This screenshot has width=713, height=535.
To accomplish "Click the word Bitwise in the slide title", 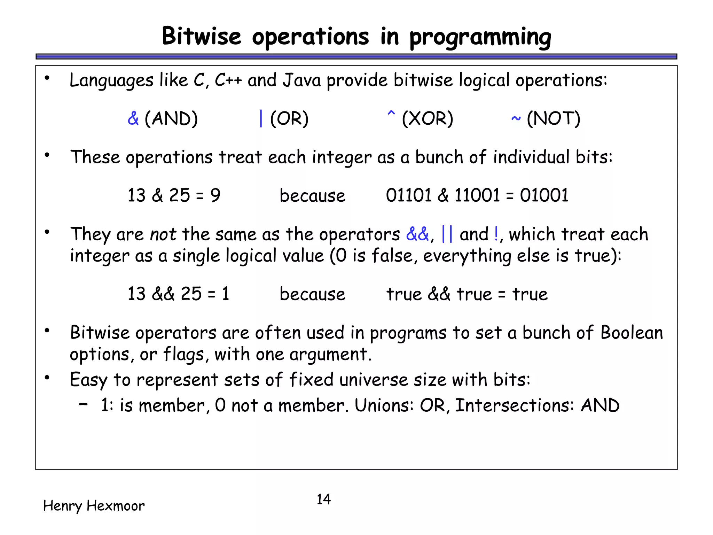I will [x=201, y=36].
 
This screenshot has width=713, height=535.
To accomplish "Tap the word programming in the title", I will [x=480, y=38].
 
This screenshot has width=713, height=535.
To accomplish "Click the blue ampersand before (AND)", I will [x=133, y=118].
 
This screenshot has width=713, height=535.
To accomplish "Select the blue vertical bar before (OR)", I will [x=261, y=118].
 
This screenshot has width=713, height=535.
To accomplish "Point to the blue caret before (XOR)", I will [x=391, y=114].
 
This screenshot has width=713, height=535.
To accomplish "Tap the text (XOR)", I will [x=427, y=118].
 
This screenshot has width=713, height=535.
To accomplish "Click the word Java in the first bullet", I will [x=301, y=80].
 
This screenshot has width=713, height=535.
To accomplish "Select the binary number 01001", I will [x=544, y=195].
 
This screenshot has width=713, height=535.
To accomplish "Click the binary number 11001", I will [x=477, y=195].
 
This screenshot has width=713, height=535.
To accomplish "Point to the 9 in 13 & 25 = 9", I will [x=216, y=195].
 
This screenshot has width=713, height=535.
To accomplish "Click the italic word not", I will [x=163, y=234].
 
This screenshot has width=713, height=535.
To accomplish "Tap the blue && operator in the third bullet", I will [x=417, y=234].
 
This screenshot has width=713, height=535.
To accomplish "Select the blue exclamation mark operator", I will [x=496, y=234].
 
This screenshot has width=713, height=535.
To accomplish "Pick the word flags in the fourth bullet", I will [x=184, y=355].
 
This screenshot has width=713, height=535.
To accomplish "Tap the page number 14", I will [x=323, y=499].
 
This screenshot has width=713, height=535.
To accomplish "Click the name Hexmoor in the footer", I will [x=115, y=506].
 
